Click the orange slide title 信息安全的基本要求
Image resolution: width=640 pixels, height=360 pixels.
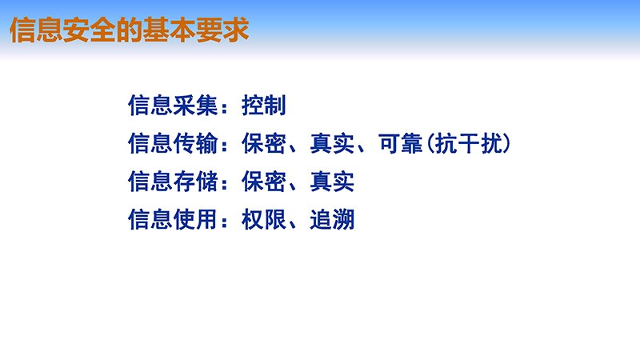[x=129, y=30]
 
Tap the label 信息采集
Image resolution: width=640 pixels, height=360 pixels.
[x=173, y=106]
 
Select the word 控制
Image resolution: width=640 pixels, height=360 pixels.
[x=264, y=106]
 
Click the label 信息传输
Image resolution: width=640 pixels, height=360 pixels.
[x=173, y=143]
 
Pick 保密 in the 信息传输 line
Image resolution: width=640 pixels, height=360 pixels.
[x=264, y=143]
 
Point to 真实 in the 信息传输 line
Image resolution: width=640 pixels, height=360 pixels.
[x=332, y=143]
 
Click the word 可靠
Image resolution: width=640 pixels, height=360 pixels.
[x=401, y=143]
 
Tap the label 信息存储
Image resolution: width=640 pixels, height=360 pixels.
[x=173, y=182]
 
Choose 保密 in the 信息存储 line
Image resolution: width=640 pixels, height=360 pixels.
[x=264, y=182]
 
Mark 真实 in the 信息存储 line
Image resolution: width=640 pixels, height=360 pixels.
[x=332, y=182]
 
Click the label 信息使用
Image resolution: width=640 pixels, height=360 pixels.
[x=173, y=219]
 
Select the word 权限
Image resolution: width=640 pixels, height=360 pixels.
[x=264, y=219]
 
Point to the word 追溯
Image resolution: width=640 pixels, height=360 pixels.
[x=332, y=219]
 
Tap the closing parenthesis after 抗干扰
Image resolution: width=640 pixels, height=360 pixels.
[x=507, y=143]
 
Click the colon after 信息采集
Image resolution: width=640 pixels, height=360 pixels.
[x=224, y=107]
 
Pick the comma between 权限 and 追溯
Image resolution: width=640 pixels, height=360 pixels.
[x=293, y=225]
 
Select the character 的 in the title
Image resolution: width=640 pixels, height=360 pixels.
[x=129, y=30]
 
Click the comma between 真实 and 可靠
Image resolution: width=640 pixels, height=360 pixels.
[x=362, y=149]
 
